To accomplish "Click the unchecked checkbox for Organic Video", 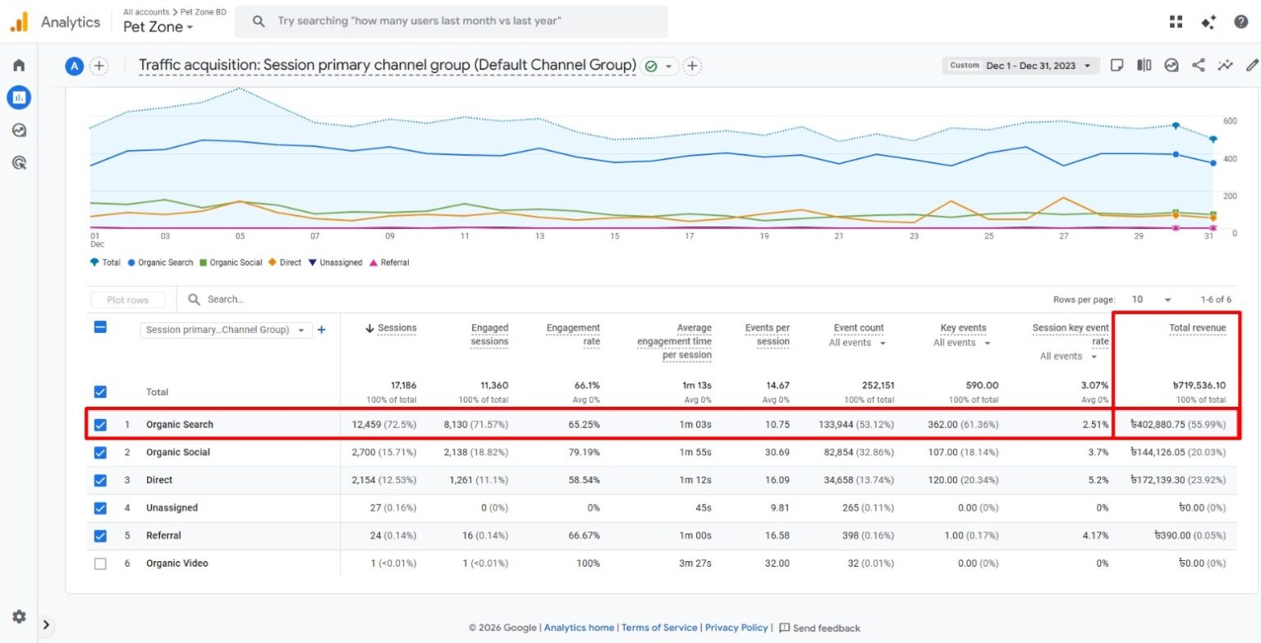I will point(100,563).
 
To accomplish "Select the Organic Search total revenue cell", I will point(1178,425).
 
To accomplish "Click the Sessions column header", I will point(397,328).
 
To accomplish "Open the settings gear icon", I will point(19,617).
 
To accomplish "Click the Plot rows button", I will point(127,300).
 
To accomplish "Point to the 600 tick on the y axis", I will point(1229,121).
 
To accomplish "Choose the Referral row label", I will point(163,536).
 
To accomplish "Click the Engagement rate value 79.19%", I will point(582,453).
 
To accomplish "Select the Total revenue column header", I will point(1197,328).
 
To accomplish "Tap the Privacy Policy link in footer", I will point(736,627).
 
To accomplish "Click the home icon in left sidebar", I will point(19,66).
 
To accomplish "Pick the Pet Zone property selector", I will point(158,27).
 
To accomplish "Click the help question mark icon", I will point(1240,22).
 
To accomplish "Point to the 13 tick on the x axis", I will point(539,236).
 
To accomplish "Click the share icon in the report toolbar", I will point(1199,66).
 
